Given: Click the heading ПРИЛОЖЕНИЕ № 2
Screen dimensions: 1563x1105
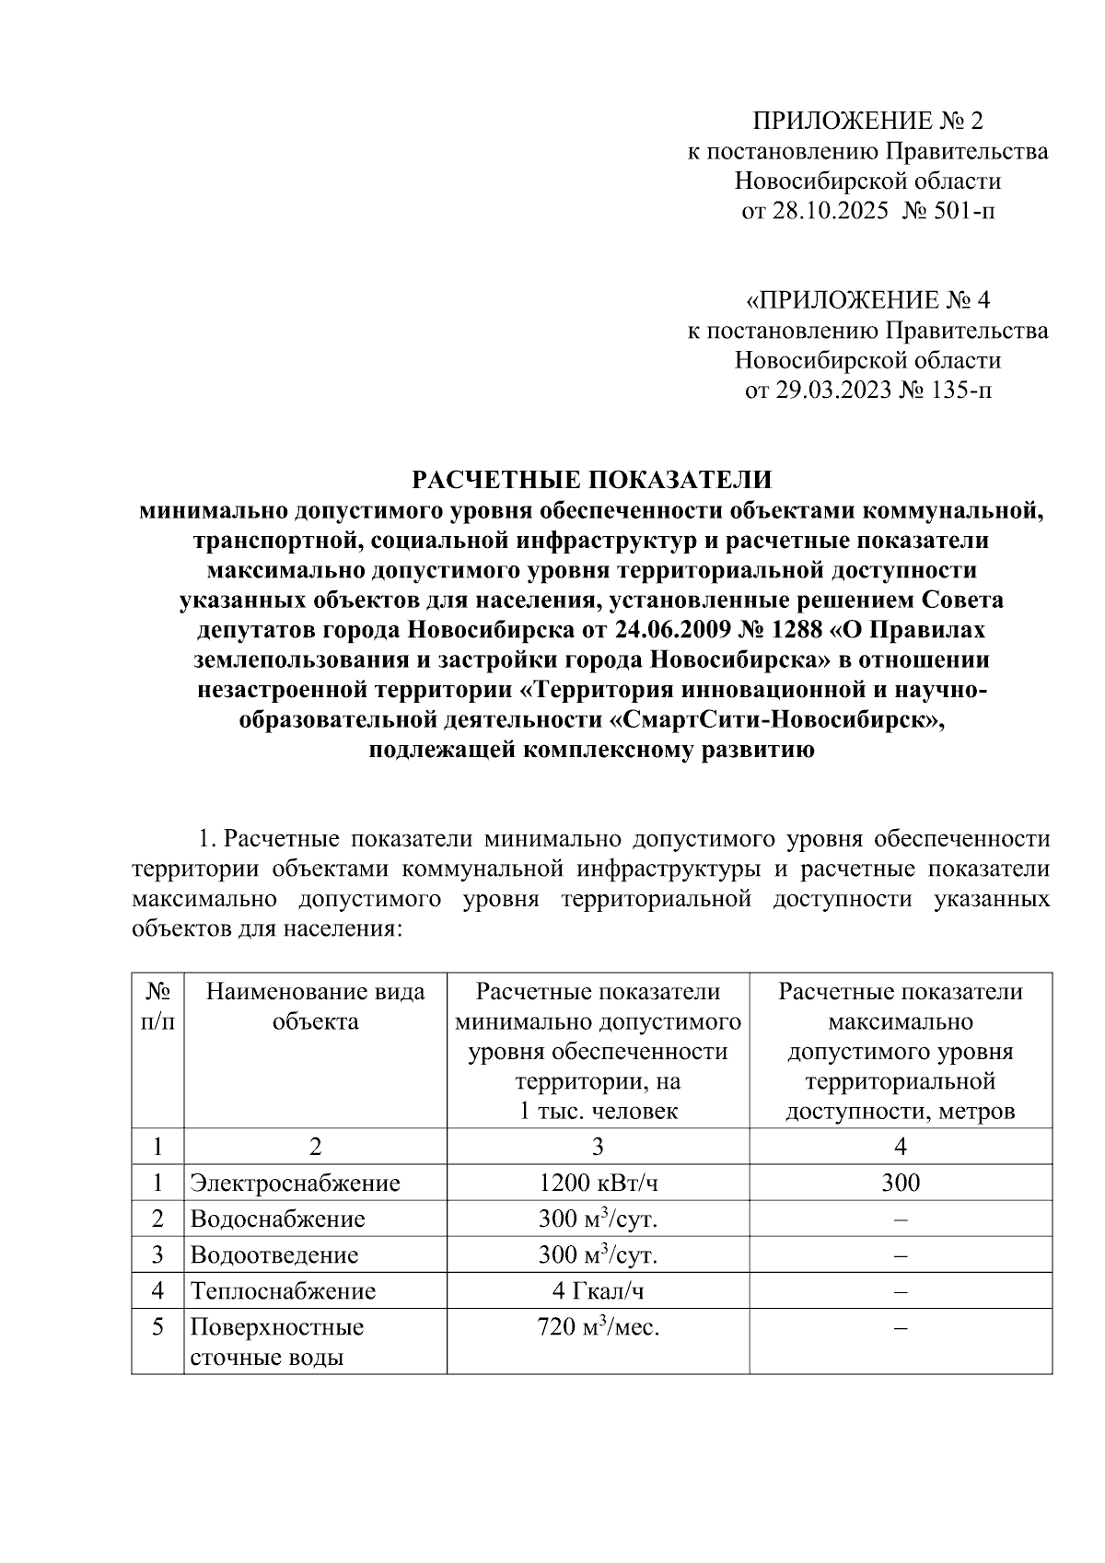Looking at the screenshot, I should tap(868, 121).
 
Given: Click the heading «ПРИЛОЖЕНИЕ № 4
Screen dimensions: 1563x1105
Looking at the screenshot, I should tap(867, 300).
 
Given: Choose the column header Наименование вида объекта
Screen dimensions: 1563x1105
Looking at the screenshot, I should tap(315, 1006).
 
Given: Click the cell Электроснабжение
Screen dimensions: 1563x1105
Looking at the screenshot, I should tap(296, 1183).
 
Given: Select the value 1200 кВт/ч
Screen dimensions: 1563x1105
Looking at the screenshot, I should tap(598, 1183).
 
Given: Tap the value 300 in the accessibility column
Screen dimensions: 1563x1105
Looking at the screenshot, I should tap(900, 1183).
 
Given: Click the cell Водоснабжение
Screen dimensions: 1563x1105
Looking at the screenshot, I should tap(278, 1219).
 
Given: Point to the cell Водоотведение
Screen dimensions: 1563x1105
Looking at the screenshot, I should tap(274, 1254).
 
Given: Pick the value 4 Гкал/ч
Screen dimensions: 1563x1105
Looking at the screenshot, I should tap(598, 1290).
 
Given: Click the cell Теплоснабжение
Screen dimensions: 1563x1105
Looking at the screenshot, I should tap(283, 1290).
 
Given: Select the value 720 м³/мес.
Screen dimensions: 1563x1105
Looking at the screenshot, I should tap(598, 1327).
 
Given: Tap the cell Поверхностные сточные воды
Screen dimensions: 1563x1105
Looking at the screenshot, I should tap(277, 1342).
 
